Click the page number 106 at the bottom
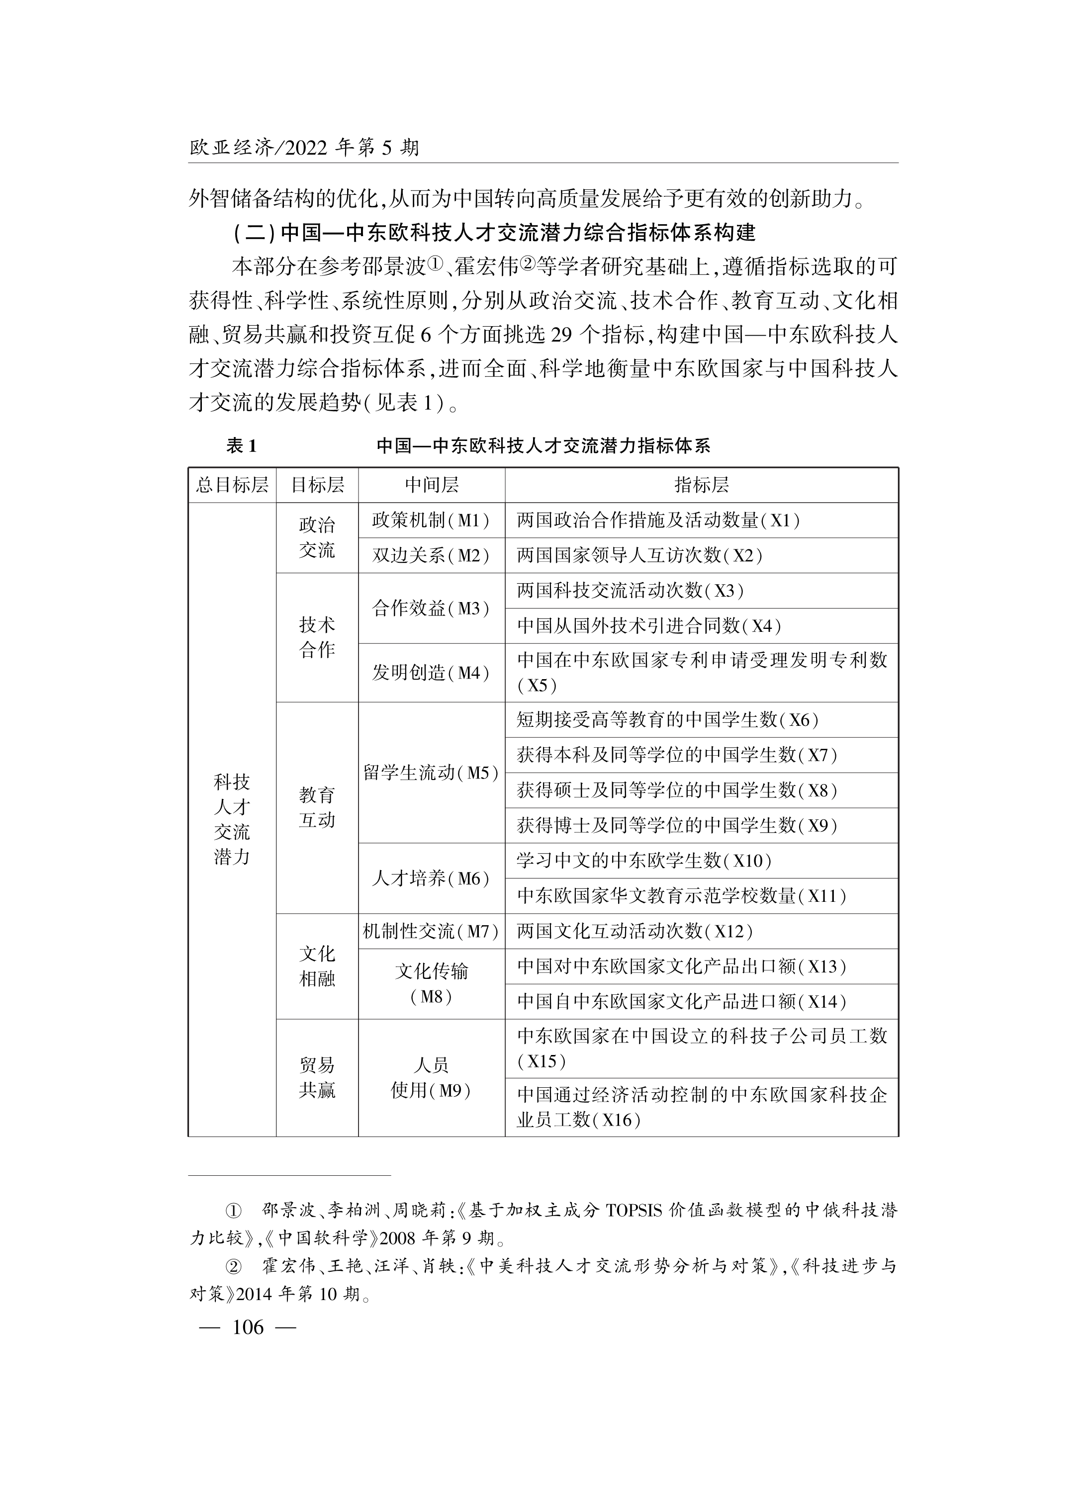pos(248,1327)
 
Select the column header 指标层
pos(702,485)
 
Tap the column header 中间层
pos(431,485)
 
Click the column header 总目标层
pos(232,485)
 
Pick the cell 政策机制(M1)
pos(431,521)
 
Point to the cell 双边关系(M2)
pos(431,555)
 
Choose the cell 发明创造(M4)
pos(431,673)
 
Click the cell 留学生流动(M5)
pos(431,773)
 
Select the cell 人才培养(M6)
pos(431,878)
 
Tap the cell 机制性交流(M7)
pos(431,931)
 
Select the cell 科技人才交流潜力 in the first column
pos(232,819)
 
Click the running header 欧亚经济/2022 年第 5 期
pos(304,147)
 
